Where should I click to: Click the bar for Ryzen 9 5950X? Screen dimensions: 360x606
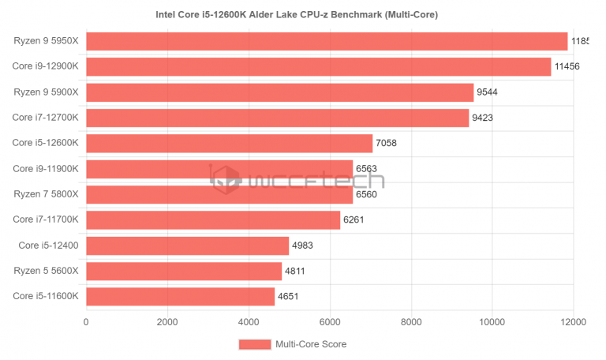point(327,41)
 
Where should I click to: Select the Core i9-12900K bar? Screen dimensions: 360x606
point(318,67)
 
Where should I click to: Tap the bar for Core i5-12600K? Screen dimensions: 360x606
point(229,143)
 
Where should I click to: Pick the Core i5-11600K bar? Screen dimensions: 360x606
point(180,297)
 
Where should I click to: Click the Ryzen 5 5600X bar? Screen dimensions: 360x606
point(184,272)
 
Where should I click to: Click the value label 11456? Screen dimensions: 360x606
point(567,67)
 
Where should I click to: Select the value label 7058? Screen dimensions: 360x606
point(387,144)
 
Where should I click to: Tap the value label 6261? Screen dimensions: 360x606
point(354,220)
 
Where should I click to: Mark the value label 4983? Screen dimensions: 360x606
point(302,246)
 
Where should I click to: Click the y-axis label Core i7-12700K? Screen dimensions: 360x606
point(45,118)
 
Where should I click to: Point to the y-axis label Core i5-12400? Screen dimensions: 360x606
point(48,246)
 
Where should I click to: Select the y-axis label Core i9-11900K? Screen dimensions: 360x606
point(45,169)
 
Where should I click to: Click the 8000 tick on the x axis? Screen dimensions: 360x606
point(411,322)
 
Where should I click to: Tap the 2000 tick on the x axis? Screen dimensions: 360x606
point(167,322)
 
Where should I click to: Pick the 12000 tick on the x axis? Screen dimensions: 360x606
point(573,322)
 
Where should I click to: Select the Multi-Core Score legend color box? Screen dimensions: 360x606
point(254,344)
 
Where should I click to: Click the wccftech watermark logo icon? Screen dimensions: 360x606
point(226,179)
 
